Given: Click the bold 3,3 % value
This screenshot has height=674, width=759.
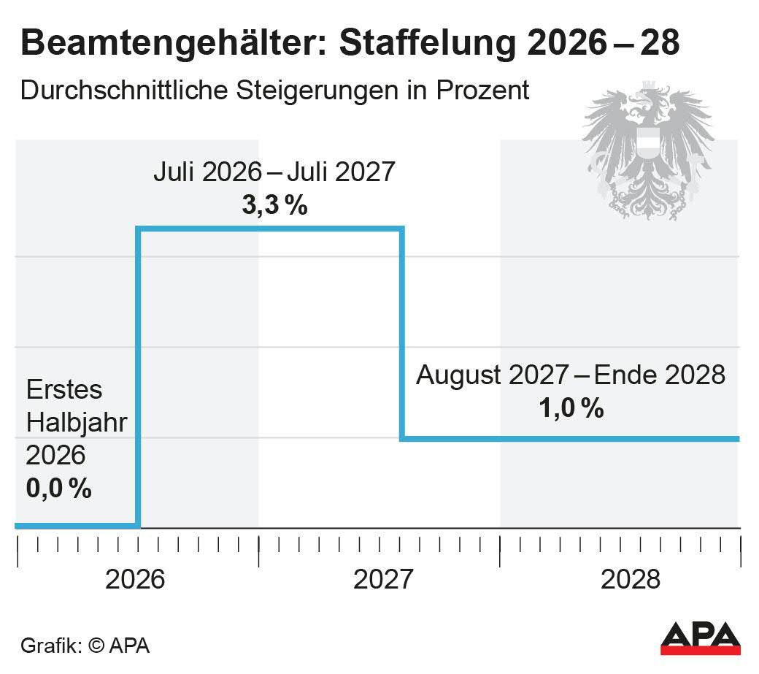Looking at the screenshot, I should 274,206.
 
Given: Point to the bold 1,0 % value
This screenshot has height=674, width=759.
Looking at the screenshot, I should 571,408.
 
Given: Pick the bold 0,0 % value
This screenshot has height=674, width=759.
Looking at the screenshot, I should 58,488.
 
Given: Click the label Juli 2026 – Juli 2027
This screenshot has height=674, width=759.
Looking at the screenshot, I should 274,172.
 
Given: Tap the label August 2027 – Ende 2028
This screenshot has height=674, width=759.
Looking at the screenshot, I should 571,375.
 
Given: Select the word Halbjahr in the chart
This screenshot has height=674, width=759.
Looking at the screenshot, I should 76,422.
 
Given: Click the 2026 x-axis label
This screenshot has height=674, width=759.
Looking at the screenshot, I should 136,580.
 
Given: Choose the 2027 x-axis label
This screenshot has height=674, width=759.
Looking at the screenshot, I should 383,580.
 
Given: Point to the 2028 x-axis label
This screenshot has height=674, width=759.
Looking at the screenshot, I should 631,580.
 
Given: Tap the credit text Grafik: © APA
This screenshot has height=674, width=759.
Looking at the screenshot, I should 85,646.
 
